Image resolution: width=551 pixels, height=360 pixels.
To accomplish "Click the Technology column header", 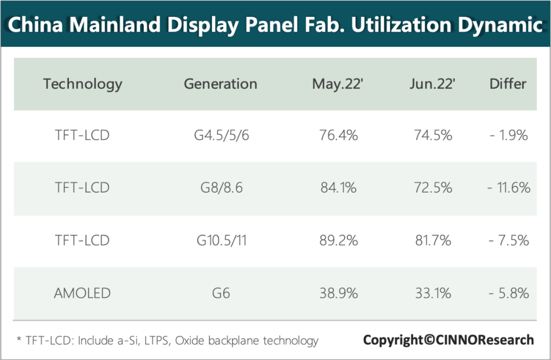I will (83, 84).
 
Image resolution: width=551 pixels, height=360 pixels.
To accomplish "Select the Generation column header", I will (220, 84).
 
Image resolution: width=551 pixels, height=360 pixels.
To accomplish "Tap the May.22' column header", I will (337, 84).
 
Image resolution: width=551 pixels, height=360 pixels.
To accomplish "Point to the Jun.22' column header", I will (432, 84).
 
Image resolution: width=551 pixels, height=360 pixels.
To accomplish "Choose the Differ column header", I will (508, 84).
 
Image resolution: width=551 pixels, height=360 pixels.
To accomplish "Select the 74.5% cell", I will (432, 136).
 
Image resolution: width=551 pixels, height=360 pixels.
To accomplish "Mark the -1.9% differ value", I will (509, 136).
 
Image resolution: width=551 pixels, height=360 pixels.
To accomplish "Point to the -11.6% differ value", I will (509, 188).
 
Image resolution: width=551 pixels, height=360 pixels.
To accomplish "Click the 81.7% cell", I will (432, 241).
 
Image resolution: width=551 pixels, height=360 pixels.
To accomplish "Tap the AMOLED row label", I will (82, 293).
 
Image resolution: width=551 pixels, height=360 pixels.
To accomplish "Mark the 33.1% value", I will (432, 293).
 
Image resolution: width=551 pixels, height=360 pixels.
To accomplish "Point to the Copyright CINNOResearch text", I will (448, 340).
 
